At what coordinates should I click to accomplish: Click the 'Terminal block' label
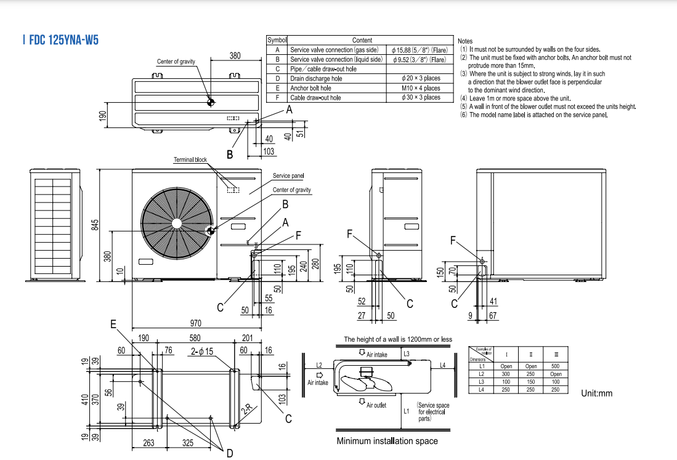coord(190,160)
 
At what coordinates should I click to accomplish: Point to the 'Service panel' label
coord(288,176)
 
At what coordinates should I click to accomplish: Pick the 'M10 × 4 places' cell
coord(421,88)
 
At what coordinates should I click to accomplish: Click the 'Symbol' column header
coord(277,40)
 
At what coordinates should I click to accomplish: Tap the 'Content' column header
coord(362,40)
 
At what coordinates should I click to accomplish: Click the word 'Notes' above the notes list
coord(465,41)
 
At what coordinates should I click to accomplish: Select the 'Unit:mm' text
coord(597,393)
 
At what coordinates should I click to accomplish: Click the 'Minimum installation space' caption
coord(387,441)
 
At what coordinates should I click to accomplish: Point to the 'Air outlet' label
coord(376,405)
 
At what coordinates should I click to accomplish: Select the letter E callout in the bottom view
coord(113,323)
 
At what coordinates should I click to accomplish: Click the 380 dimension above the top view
coord(235,55)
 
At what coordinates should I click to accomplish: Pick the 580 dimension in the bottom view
coord(195,337)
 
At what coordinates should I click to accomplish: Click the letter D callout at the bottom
coord(229,453)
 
